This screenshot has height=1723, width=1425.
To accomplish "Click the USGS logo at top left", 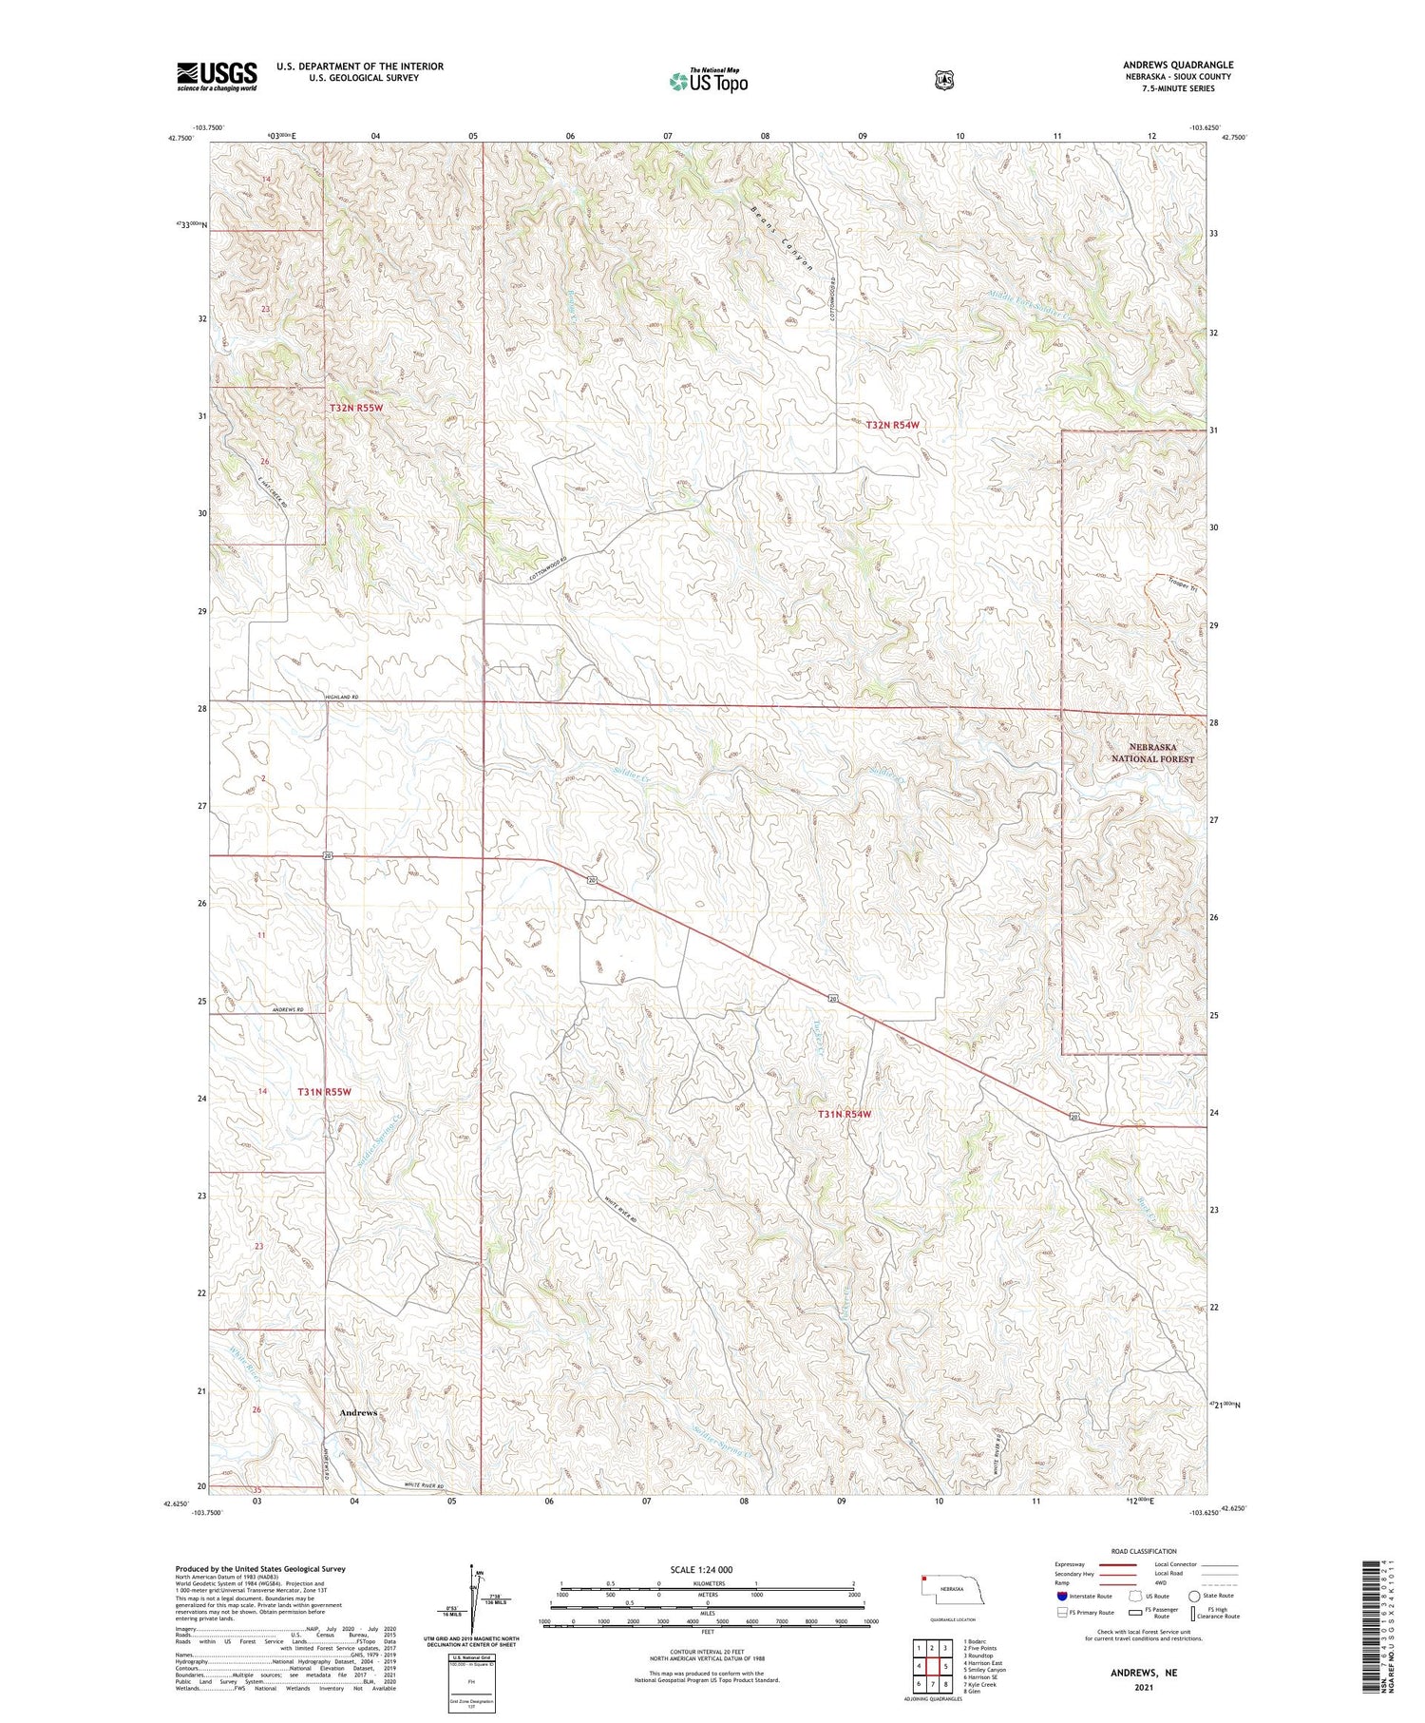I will point(217,76).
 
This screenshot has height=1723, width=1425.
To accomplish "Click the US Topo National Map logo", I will point(709,81).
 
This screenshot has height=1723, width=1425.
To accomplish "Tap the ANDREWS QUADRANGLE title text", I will point(1178,65).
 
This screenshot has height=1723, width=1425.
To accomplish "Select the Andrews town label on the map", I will point(358,1413).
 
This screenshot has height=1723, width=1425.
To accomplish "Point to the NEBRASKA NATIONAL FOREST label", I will point(1152,754).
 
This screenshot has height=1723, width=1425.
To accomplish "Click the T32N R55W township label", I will point(356,408).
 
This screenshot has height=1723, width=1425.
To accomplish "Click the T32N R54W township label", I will point(892,425).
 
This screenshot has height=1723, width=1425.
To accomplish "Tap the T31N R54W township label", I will point(845,1114).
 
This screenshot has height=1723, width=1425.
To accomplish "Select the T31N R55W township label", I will point(324,1092).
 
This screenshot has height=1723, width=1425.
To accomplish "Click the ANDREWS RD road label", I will point(287,1009).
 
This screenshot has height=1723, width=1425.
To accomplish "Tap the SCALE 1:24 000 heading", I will point(701,1569).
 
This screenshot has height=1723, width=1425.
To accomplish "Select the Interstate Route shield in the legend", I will point(1061,1596).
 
